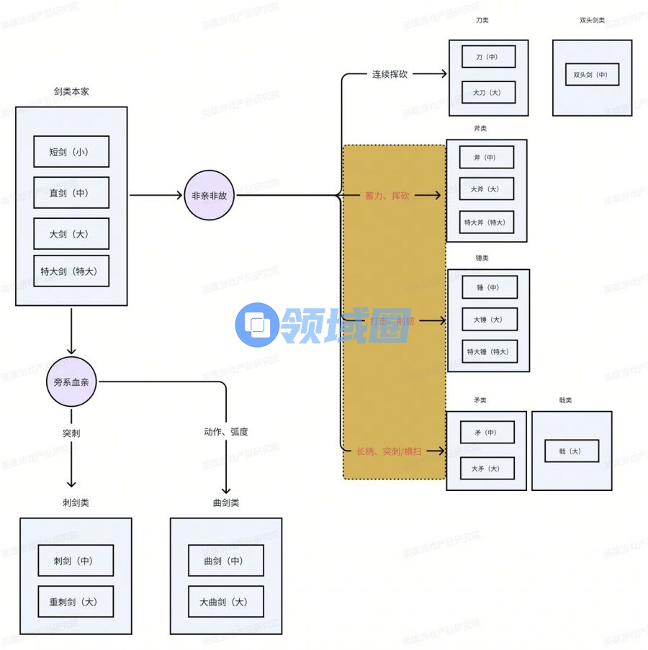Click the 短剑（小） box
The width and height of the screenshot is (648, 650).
(71, 152)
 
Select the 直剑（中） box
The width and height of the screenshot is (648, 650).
(71, 193)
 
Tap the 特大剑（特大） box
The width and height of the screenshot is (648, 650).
(71, 271)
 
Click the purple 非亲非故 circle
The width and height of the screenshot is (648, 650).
(210, 195)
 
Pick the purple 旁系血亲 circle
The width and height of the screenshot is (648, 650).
(71, 382)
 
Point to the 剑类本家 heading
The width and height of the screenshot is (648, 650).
(71, 92)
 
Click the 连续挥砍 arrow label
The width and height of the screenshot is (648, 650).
(390, 74)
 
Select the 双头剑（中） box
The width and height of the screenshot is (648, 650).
(591, 75)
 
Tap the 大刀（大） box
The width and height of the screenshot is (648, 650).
(489, 92)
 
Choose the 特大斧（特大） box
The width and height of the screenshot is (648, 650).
(487, 222)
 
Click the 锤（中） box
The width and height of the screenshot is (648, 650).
(489, 287)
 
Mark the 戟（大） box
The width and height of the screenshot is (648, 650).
(572, 451)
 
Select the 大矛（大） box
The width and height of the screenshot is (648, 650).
(487, 469)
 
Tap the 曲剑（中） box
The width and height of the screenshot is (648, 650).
(226, 561)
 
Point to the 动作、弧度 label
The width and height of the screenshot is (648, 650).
(226, 433)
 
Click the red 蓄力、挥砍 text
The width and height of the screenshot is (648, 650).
(388, 196)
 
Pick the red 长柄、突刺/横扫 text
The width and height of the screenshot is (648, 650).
(390, 451)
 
